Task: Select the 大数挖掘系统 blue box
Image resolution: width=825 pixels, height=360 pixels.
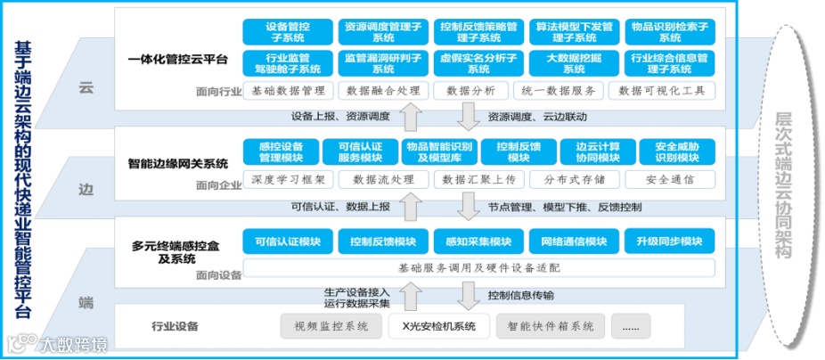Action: tap(573, 63)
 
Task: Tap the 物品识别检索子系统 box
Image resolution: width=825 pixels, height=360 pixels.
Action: tap(669, 33)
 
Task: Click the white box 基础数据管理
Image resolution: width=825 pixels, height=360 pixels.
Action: tap(287, 90)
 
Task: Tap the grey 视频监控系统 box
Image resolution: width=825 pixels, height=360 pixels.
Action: tap(331, 326)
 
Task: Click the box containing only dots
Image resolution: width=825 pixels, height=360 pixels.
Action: tap(630, 326)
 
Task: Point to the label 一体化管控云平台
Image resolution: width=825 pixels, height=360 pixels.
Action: tap(178, 61)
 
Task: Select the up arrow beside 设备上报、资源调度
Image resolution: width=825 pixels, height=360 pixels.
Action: tap(410, 116)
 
